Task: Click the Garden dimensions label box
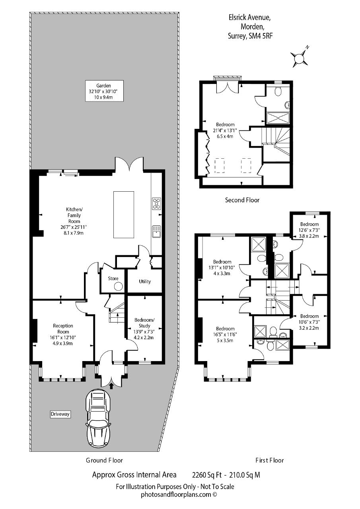[x=104, y=91]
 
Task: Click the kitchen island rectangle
[x=124, y=215]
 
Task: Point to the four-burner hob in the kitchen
[x=156, y=203]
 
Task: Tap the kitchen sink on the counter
[x=156, y=231]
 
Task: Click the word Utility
[x=145, y=281]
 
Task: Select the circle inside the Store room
[x=119, y=286]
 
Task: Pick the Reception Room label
[x=63, y=329]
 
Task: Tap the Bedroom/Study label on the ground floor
[x=144, y=322]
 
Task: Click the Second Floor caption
[x=242, y=200]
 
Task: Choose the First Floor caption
[x=270, y=460]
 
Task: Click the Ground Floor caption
[x=104, y=460]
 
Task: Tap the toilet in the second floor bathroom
[x=278, y=91]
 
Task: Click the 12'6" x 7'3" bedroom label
[x=309, y=230]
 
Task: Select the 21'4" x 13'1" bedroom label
[x=225, y=130]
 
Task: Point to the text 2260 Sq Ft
[x=207, y=475]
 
